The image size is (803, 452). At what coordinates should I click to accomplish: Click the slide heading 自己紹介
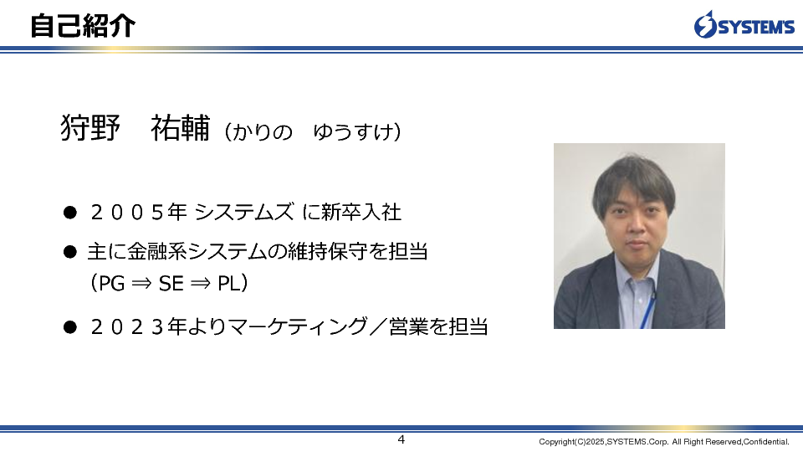tap(83, 26)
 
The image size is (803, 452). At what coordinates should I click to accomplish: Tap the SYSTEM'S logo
tap(744, 24)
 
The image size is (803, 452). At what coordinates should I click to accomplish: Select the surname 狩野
tap(90, 127)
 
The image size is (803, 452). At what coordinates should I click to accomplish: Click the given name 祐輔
tap(181, 127)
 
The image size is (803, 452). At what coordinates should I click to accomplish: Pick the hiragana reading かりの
tap(262, 131)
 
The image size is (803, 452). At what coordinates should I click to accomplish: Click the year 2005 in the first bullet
tap(128, 212)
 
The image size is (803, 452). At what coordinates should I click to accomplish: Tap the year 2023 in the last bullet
tap(128, 326)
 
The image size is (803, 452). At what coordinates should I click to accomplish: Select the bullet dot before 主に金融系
tap(70, 252)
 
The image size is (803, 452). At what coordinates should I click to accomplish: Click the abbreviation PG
tap(111, 284)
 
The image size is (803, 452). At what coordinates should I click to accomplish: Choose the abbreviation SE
tap(171, 284)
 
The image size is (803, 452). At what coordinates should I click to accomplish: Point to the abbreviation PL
tap(229, 284)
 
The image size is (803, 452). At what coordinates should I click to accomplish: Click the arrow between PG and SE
tap(142, 284)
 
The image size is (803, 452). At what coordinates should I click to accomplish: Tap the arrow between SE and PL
tap(200, 284)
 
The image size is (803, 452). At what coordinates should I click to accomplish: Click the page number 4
tap(401, 439)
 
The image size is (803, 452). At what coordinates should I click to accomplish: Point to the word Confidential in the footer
tap(766, 442)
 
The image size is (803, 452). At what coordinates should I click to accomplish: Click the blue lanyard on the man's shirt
tap(647, 309)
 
